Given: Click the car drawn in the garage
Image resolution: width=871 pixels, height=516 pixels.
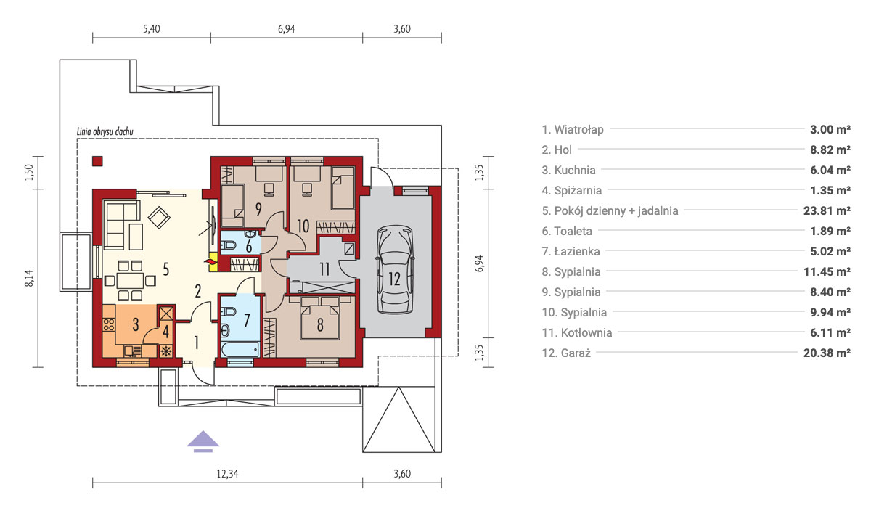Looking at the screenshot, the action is click(394, 270).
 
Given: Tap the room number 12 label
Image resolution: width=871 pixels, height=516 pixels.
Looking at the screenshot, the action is click(394, 279).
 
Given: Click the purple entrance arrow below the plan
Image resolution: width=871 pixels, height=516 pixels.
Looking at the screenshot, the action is click(203, 442).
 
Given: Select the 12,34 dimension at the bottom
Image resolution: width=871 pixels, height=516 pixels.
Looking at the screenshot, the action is click(227, 474).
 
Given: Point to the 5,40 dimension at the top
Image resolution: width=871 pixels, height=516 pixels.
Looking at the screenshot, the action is click(151, 29).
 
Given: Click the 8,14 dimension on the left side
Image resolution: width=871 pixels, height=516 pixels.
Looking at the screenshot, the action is click(29, 279).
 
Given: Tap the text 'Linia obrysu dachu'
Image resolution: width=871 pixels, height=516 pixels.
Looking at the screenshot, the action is click(105, 131).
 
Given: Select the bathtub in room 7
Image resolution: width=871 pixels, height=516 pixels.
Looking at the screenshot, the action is click(240, 349).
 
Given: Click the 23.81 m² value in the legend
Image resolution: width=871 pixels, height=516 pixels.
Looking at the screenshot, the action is click(827, 210).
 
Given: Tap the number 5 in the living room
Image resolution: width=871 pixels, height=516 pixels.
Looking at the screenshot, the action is click(166, 269).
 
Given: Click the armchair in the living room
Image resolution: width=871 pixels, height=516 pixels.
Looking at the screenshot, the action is click(159, 218).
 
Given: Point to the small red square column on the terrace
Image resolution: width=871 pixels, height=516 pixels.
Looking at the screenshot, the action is click(97, 161).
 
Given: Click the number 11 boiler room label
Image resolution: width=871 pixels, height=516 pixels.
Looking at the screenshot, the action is click(324, 269).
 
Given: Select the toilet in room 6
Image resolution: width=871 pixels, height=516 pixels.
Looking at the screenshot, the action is click(229, 245).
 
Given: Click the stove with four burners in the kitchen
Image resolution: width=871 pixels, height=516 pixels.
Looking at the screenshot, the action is click(109, 324).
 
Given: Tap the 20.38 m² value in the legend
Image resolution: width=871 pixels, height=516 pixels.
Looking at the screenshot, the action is click(827, 353).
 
